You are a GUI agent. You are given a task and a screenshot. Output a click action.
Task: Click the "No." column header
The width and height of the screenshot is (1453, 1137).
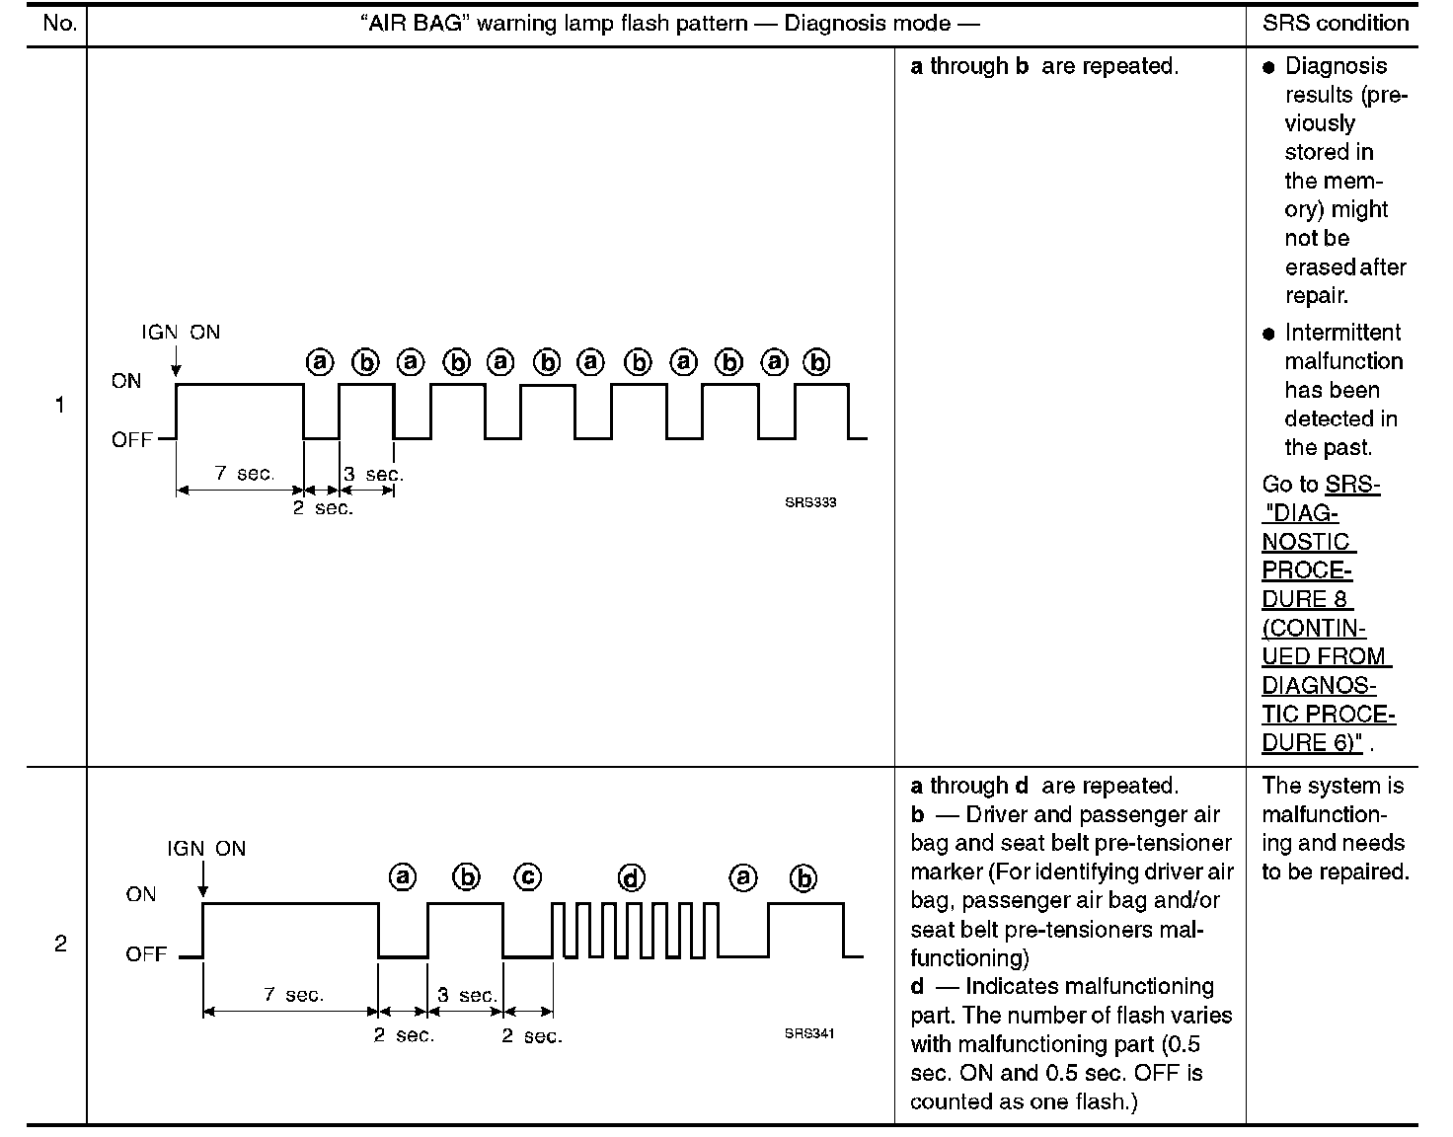pyautogui.click(x=59, y=24)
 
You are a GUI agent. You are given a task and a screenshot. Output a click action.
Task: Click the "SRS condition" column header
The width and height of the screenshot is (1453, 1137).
pyautogui.click(x=1335, y=24)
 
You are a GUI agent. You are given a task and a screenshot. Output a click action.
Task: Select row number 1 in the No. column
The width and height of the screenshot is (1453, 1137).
pyautogui.click(x=59, y=405)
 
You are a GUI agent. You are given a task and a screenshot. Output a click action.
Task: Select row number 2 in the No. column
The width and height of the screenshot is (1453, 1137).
pyautogui.click(x=59, y=944)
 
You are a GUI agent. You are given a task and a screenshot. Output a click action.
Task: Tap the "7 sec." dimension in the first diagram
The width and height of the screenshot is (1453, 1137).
pyautogui.click(x=244, y=474)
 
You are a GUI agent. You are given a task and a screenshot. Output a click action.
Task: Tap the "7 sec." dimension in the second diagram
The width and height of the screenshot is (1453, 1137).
pyautogui.click(x=293, y=995)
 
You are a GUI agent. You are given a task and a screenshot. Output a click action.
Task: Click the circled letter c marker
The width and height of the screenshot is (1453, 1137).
pyautogui.click(x=528, y=876)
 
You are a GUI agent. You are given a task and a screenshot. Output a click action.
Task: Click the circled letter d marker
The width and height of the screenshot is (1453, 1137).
pyautogui.click(x=631, y=877)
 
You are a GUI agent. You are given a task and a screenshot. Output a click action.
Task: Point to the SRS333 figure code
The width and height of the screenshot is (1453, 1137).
pyautogui.click(x=810, y=502)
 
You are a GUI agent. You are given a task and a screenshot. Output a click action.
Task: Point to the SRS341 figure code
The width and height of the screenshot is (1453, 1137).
pyautogui.click(x=809, y=1034)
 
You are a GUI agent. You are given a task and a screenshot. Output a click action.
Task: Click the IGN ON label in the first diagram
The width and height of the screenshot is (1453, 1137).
pyautogui.click(x=181, y=333)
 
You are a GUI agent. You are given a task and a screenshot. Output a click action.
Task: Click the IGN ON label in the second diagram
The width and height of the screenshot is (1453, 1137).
pyautogui.click(x=206, y=849)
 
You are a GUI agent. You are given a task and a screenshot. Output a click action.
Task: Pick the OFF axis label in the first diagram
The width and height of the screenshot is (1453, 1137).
pyautogui.click(x=131, y=440)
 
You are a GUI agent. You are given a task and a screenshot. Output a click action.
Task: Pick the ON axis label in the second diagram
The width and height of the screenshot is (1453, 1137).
pyautogui.click(x=141, y=894)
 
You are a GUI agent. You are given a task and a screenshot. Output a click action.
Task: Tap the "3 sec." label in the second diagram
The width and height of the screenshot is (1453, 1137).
pyautogui.click(x=467, y=995)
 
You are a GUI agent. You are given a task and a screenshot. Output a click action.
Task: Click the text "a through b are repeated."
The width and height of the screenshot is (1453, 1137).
pyautogui.click(x=1044, y=67)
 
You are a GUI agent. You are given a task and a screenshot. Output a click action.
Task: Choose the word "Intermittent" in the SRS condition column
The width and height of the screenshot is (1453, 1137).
pyautogui.click(x=1342, y=333)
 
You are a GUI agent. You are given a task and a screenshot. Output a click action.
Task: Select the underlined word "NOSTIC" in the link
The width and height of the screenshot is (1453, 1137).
pyautogui.click(x=1305, y=542)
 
